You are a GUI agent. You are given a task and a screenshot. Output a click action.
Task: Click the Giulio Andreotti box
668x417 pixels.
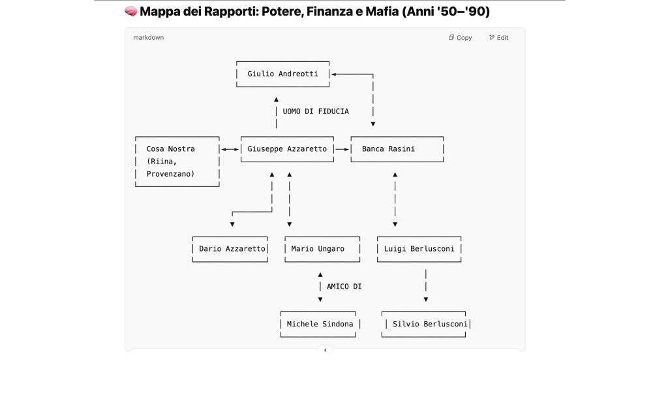pos(283,74)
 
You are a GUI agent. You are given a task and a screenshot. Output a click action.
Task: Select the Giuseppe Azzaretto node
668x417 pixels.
pos(287,149)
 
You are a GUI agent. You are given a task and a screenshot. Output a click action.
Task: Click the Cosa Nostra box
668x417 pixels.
pos(177,161)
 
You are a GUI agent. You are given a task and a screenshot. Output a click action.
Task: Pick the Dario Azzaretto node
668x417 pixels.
pos(232,249)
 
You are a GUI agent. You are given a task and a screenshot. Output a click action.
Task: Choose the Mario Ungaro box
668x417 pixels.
pos(322,249)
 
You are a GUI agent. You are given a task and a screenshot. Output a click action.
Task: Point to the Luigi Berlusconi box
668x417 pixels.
pos(419,249)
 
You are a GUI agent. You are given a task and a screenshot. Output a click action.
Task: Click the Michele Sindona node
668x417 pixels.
pos(320,324)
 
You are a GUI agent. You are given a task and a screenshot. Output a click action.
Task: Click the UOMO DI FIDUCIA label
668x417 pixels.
pos(316,111)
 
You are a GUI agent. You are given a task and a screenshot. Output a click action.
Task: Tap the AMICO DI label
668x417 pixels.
pos(344,287)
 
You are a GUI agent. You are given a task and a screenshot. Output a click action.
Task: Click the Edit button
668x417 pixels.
pos(498,38)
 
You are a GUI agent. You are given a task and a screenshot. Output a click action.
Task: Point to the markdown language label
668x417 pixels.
pos(149,38)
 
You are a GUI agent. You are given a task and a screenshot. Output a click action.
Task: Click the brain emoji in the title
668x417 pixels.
pos(130,11)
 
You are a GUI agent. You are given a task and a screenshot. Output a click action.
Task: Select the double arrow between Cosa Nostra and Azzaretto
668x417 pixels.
pos(230,149)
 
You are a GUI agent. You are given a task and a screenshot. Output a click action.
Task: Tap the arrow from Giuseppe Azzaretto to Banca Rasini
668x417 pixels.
pos(342,149)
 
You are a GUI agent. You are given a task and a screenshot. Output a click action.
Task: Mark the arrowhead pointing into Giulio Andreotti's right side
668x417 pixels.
pos(334,74)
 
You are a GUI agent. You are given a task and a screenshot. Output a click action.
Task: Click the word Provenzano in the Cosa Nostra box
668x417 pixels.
pos(170,174)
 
